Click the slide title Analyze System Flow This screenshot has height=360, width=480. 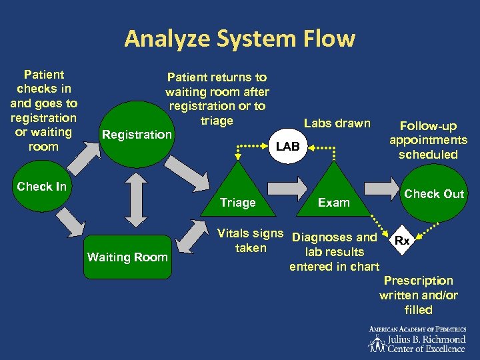[239, 39]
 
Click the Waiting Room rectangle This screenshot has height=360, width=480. [127, 257]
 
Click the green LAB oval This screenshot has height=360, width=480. [288, 145]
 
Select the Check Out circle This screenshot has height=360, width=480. [434, 193]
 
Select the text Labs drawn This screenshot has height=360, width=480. [337, 123]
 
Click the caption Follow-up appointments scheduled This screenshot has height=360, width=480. [428, 140]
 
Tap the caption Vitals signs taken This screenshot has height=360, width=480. [251, 241]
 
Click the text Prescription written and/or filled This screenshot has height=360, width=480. [418, 295]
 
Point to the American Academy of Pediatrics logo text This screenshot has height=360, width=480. [418, 339]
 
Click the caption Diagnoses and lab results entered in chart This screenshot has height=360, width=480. [335, 252]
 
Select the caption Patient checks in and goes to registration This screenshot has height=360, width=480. [43, 111]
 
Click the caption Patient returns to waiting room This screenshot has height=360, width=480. [217, 99]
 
